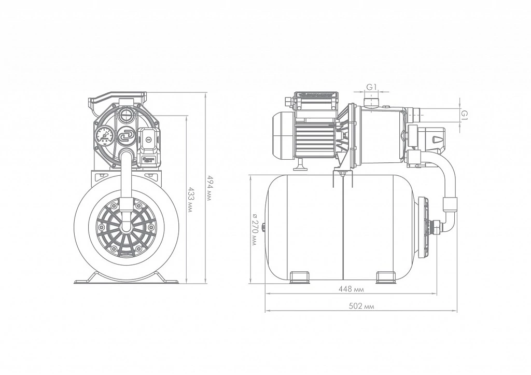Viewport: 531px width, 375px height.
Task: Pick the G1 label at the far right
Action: [465, 115]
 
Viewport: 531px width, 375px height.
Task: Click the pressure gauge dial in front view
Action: [104, 136]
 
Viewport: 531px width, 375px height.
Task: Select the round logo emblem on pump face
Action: [126, 135]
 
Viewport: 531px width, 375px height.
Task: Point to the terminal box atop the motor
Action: [316, 98]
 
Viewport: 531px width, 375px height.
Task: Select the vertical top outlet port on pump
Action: [370, 100]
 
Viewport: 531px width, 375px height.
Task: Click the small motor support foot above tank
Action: [299, 165]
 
